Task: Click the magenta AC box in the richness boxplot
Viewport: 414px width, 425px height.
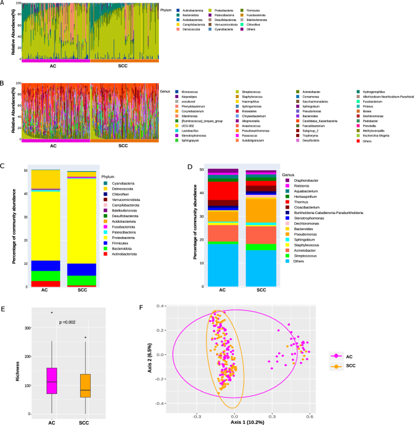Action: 48,380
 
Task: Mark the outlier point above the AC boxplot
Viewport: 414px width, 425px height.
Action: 52,313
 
